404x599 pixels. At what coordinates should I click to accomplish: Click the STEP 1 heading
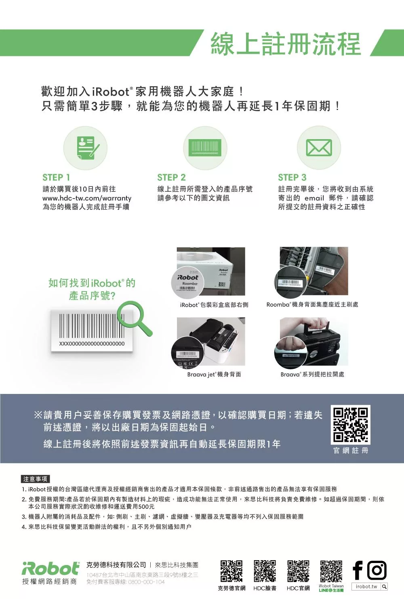56,177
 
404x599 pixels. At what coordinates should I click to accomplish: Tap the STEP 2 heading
171,177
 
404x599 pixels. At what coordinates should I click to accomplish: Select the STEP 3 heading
292,177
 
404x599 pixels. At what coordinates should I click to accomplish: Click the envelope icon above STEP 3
319,148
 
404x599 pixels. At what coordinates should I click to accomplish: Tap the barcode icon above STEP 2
205,148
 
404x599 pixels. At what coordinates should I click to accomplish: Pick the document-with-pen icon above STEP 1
86,148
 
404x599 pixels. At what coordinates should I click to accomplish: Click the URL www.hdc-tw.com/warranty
87,198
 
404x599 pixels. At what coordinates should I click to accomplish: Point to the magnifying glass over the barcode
134,317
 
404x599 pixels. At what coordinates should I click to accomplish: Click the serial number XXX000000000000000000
92,343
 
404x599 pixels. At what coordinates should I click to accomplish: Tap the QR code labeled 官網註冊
350,425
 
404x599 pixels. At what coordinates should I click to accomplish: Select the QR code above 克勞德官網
231,571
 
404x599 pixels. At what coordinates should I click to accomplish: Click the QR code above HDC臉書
265,571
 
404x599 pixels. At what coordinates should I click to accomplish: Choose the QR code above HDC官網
298,571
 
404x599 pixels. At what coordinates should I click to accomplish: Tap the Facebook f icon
358,570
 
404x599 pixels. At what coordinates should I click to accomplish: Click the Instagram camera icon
377,570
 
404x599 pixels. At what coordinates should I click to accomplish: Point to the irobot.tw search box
370,586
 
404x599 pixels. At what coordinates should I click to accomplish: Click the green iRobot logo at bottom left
50,568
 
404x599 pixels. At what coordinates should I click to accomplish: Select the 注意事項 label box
35,479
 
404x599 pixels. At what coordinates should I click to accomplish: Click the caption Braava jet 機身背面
214,375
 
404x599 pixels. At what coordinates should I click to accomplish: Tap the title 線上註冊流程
285,44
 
